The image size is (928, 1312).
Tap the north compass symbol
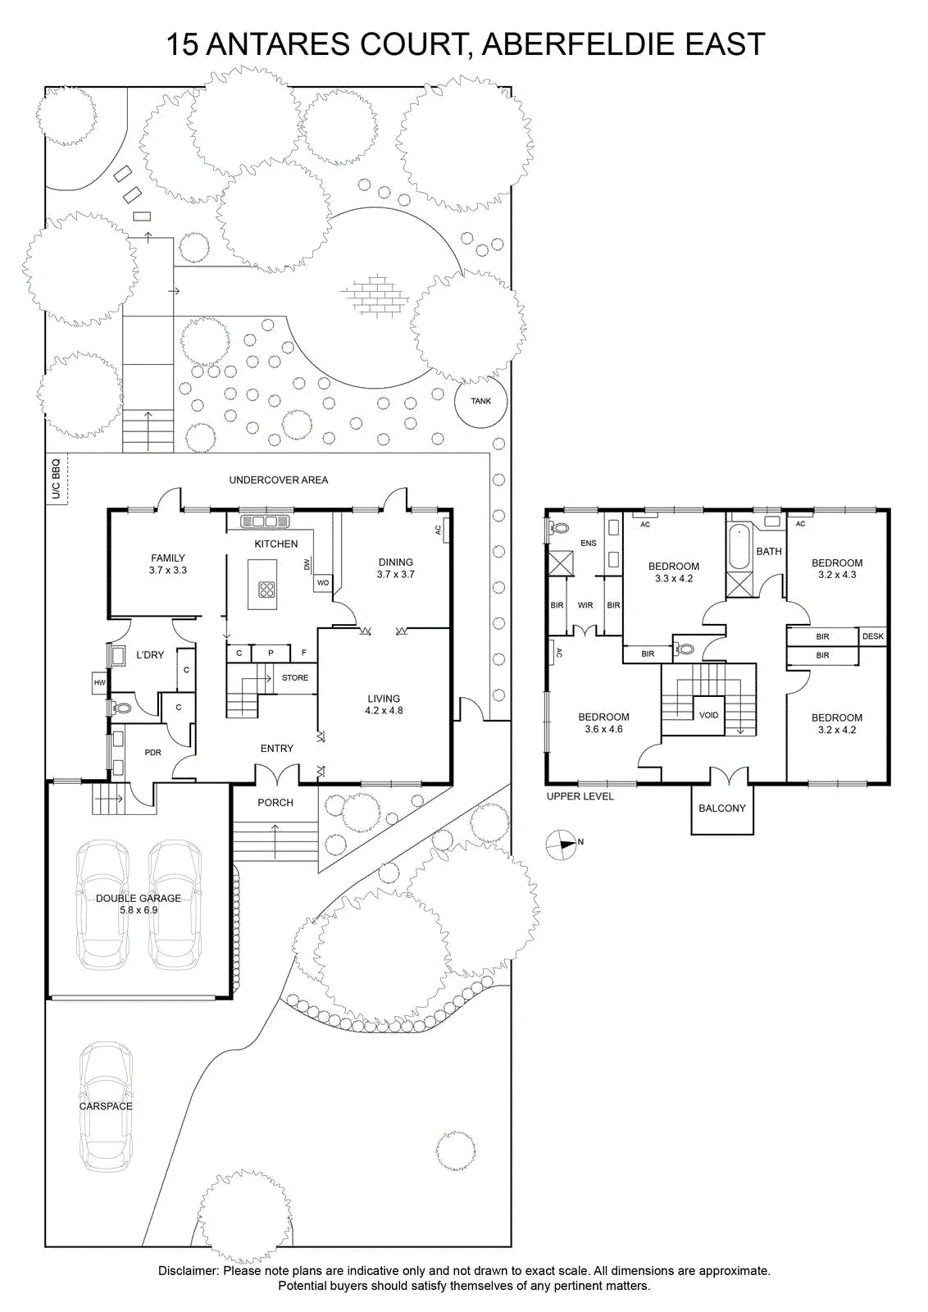point(561,845)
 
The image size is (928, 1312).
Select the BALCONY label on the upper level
point(722,808)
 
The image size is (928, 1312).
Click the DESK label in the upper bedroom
point(872,636)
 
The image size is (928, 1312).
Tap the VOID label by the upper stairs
point(708,714)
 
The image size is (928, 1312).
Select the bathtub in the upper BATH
point(739,547)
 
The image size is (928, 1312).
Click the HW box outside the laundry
point(99,682)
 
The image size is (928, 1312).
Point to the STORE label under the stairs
point(295,677)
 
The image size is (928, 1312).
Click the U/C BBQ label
point(57,479)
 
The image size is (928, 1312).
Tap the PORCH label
point(275,803)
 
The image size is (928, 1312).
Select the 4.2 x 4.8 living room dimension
point(384,710)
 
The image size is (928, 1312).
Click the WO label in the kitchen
point(323,583)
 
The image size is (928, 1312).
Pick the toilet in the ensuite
point(558,528)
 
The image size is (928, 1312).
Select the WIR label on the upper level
point(585,605)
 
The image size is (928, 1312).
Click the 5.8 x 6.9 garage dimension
point(139,909)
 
